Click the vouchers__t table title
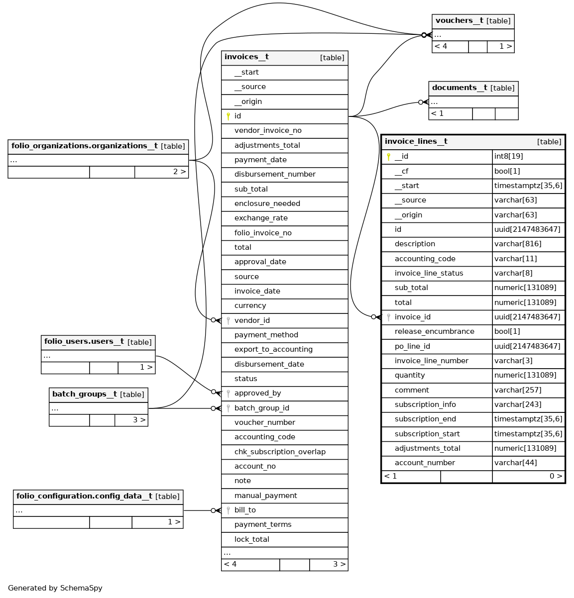pos(459,21)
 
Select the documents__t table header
pos(459,88)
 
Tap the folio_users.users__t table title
pos(84,342)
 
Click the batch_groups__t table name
pos(85,395)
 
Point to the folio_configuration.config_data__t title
pos(84,497)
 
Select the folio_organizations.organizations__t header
pos(84,146)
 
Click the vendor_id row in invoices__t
pos(252,320)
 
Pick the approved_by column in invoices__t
pos(257,393)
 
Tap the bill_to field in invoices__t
pos(245,510)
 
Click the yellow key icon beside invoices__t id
pos(228,116)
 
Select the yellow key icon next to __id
pos(388,157)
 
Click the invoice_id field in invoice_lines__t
pos(412,317)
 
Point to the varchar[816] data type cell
pos(518,244)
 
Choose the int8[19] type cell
pos(508,156)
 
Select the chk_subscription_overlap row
pos(280,452)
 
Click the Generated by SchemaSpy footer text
pos(55,588)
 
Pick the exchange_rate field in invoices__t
pos(261,218)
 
